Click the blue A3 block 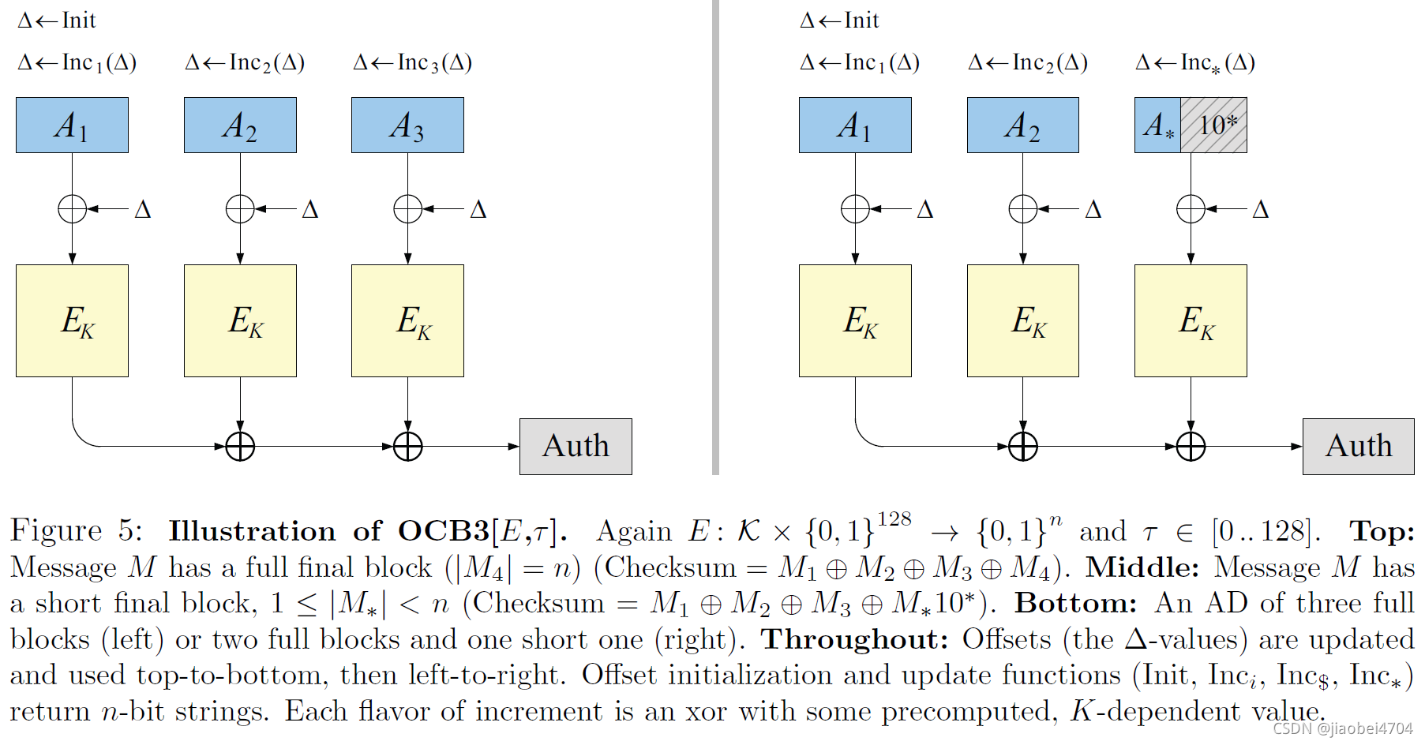(x=407, y=125)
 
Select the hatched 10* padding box (x=1213, y=125)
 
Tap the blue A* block (x=1157, y=125)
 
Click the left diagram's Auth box (x=576, y=446)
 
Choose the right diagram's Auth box (x=1358, y=446)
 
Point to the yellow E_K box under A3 (x=407, y=320)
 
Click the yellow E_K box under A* (x=1191, y=320)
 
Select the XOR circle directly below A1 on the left (x=72, y=209)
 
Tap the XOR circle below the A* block (x=1191, y=209)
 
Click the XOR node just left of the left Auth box (x=407, y=446)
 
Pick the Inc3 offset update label (x=412, y=62)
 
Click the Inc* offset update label (x=1195, y=62)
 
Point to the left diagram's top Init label (x=57, y=20)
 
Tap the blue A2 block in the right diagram (x=1022, y=125)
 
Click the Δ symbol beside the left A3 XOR (x=478, y=209)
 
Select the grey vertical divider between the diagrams (x=715, y=237)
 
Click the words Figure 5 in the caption (x=76, y=530)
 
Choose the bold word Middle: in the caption (x=1142, y=567)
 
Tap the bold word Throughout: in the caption (x=854, y=638)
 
